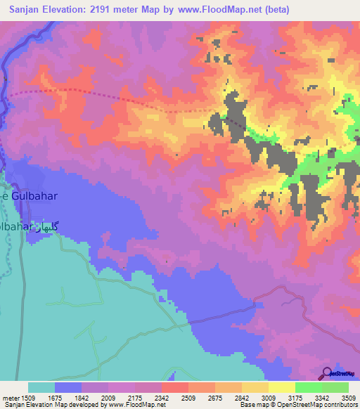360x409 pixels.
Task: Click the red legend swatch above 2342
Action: point(174,387)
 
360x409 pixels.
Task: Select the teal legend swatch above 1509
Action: point(41,387)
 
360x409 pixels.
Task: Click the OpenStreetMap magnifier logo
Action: point(327,373)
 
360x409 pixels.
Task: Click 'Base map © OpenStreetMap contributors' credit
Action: point(297,405)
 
